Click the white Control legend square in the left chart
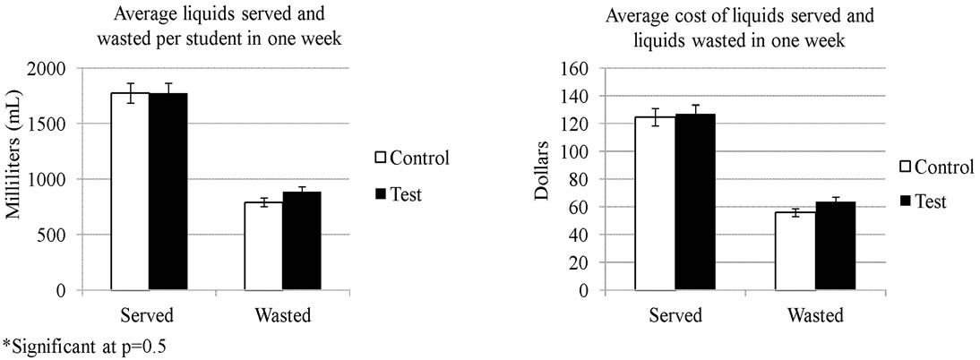(x=380, y=159)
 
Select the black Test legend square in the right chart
(x=906, y=201)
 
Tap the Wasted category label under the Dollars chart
(x=814, y=315)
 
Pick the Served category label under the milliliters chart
(x=149, y=315)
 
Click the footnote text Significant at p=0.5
(x=85, y=346)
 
